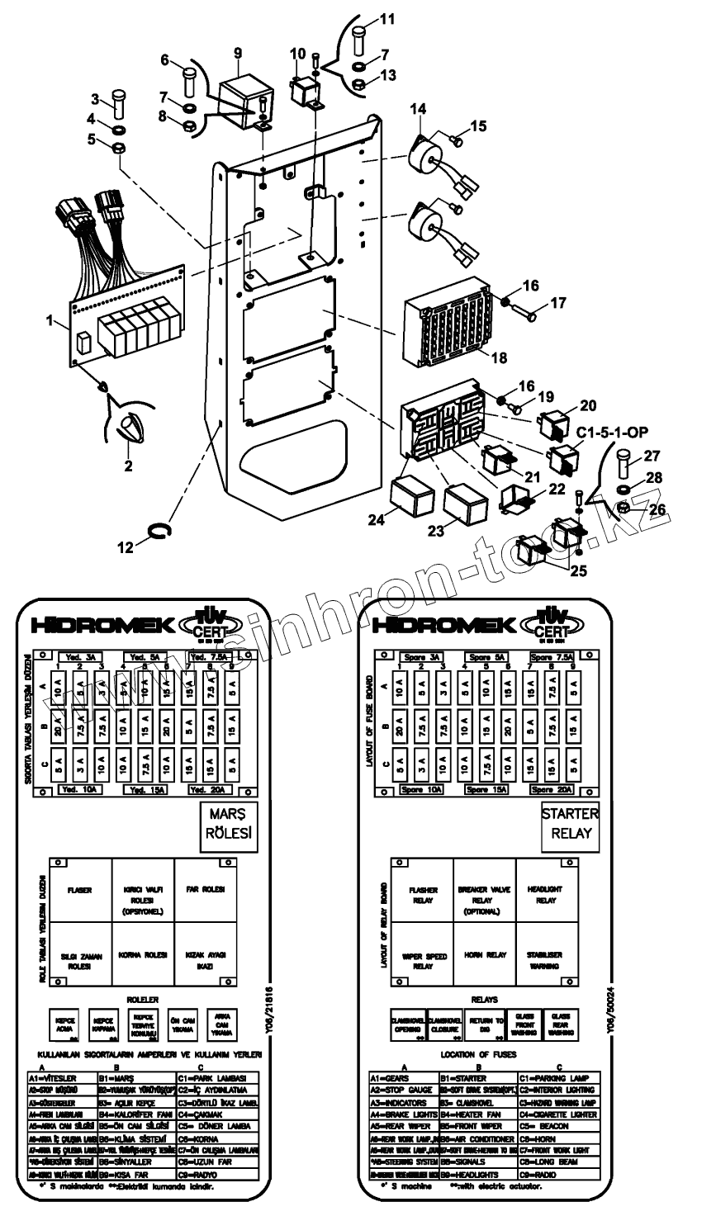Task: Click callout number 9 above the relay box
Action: pos(238,52)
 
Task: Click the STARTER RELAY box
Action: pos(570,823)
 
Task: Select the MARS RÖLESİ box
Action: pos(227,823)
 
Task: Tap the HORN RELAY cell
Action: pos(484,955)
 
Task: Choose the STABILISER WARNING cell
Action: pos(547,960)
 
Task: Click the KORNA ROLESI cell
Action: pos(143,955)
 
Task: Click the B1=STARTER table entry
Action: pos(467,1078)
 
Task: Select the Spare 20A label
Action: pos(550,789)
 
